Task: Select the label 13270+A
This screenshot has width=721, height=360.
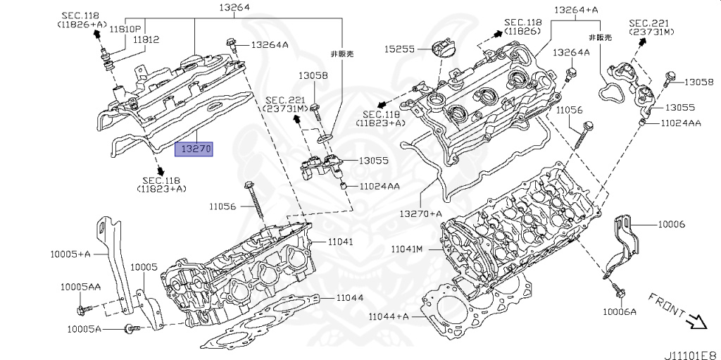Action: [421, 213]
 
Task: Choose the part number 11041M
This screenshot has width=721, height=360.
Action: [408, 249]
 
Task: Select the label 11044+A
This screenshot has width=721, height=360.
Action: [389, 316]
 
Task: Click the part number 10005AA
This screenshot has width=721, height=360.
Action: [80, 287]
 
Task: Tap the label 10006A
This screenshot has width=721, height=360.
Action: [619, 311]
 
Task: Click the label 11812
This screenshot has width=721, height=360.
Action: [146, 40]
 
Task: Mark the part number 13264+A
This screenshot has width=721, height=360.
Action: [576, 10]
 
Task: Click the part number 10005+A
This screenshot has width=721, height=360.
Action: [70, 253]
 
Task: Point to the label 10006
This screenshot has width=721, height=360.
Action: [671, 224]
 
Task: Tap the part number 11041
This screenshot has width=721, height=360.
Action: [340, 242]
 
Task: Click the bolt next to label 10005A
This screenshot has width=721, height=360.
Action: [130, 328]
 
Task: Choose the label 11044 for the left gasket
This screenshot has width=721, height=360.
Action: [349, 297]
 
